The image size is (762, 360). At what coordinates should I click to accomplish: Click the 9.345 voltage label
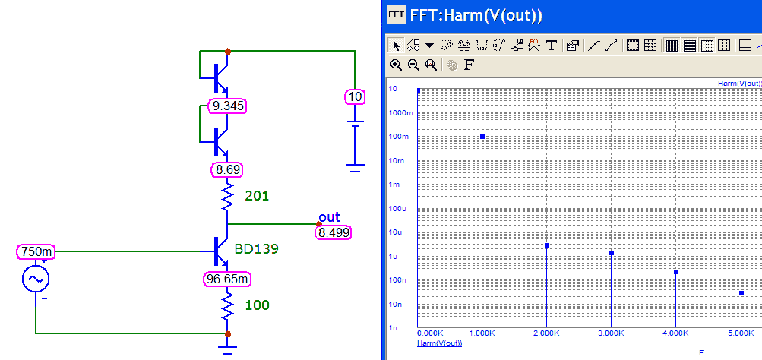pos(228,106)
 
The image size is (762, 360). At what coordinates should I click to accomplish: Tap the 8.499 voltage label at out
pos(334,232)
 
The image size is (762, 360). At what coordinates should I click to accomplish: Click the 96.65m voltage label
pos(227,279)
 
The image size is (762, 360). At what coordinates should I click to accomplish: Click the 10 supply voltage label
pos(354,96)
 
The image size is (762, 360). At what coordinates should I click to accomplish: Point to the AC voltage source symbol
pos(36,279)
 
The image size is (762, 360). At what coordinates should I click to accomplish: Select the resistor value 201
pos(257,196)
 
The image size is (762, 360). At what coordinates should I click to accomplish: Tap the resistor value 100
pos(257,305)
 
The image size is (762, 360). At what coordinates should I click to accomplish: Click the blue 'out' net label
pos(329,218)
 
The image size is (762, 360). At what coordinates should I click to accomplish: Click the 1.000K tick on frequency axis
pos(482,333)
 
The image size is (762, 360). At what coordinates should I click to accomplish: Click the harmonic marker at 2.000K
pos(547,245)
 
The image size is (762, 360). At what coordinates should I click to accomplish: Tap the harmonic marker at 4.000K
pos(676,272)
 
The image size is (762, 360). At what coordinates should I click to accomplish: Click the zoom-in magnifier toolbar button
pos(396,65)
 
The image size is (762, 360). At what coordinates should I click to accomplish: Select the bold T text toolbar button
pos(552,45)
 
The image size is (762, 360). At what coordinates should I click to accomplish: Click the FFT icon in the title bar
pos(395,14)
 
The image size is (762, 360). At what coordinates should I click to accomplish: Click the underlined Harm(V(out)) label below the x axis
pos(440,343)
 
